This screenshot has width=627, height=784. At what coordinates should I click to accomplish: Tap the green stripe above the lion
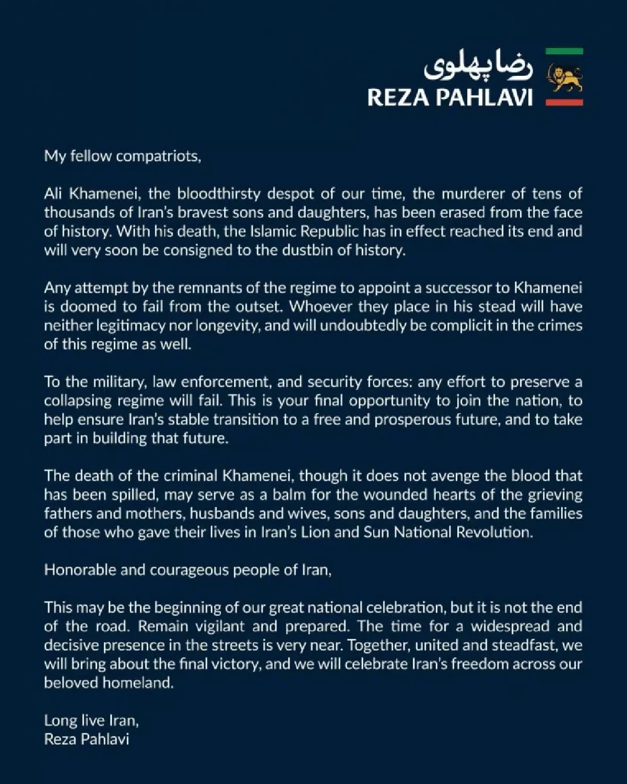pos(564,51)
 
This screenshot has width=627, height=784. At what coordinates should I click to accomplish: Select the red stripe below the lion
pos(564,102)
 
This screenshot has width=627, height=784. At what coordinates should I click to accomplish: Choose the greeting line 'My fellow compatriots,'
pos(122,156)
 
